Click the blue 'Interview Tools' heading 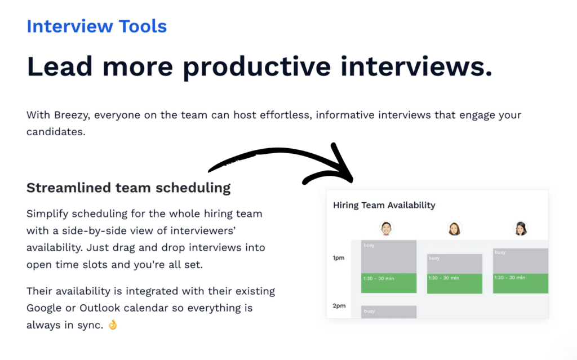point(96,26)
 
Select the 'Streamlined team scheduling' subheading point(128,188)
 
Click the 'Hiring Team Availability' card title point(384,205)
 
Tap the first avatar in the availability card point(386,228)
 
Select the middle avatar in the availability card point(454,228)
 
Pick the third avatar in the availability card point(520,228)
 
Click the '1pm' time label point(339,258)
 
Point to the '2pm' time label point(339,306)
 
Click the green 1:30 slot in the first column point(388,283)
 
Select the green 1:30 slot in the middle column point(454,283)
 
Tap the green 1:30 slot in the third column point(520,283)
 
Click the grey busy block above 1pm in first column point(388,257)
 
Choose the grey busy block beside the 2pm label point(388,312)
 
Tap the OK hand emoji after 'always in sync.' point(113,325)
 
